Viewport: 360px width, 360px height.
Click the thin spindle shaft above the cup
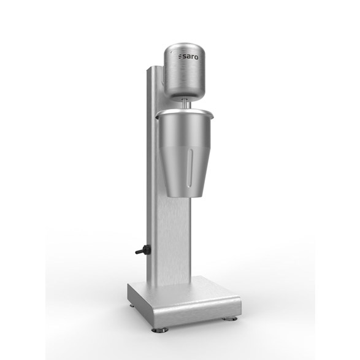tap(185, 104)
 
